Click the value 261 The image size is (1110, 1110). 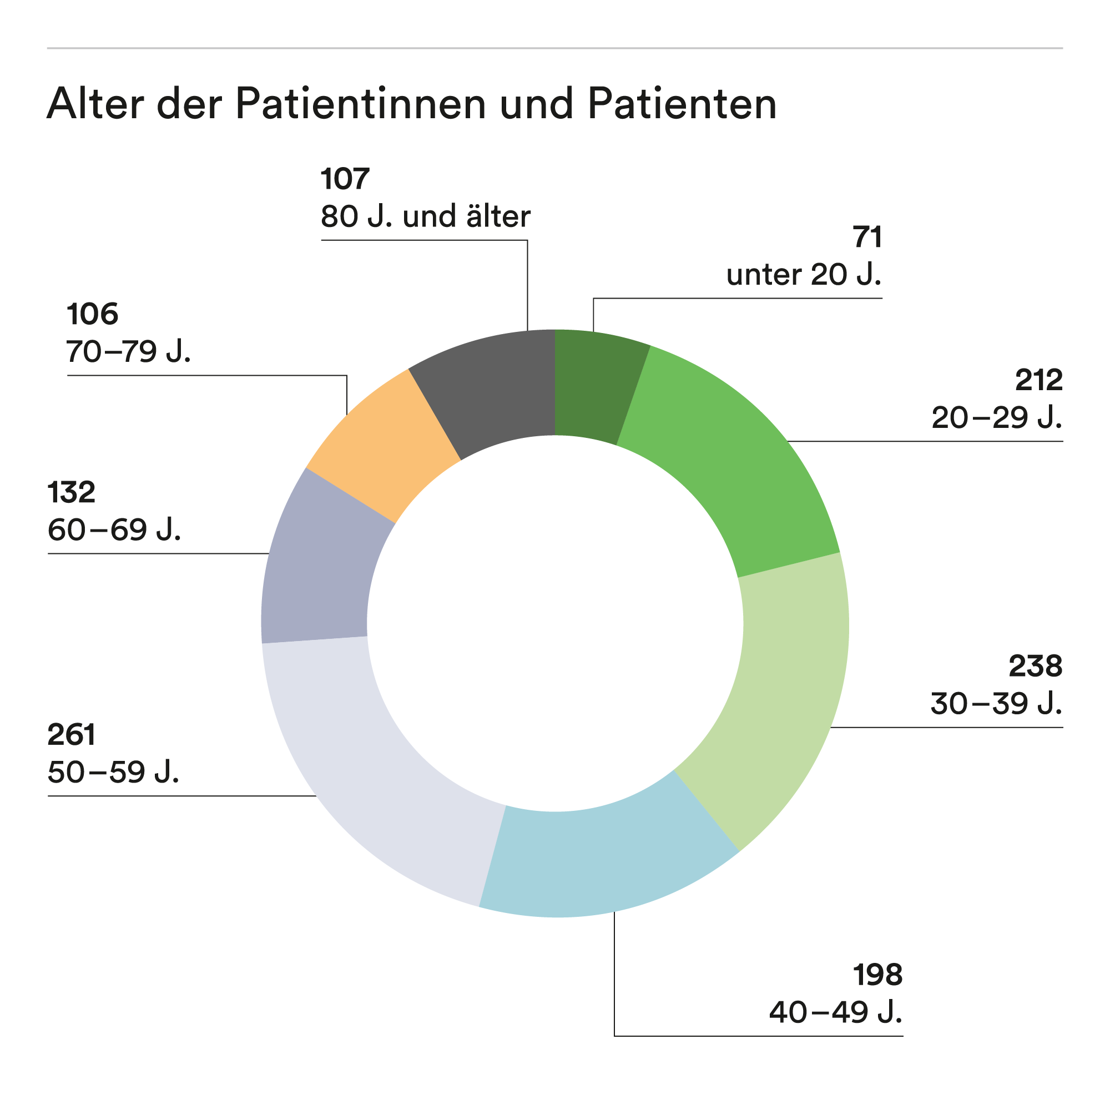coord(71,735)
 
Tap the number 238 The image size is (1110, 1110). coord(1035,667)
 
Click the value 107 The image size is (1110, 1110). coord(345,179)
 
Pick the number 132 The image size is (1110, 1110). coord(71,493)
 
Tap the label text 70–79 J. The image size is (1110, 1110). coord(128,352)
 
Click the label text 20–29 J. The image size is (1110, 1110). coord(997,418)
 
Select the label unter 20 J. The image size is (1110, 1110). coord(803,275)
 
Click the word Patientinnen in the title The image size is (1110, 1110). coord(361,104)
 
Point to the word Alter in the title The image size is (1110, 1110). coord(95,104)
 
